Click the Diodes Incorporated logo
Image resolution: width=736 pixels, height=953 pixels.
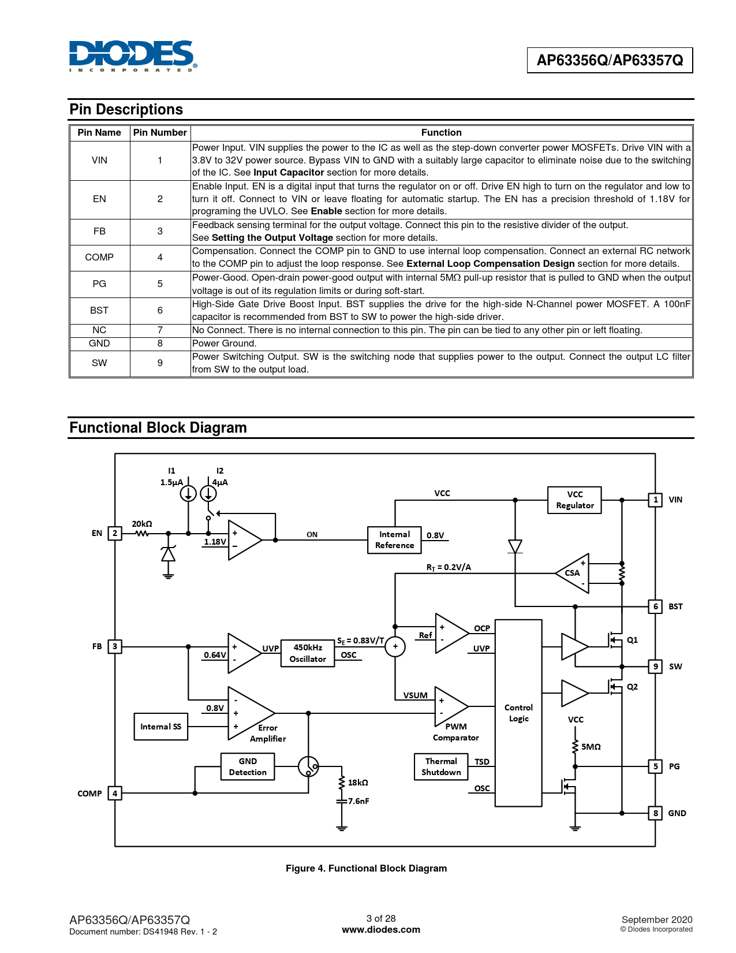[133, 56]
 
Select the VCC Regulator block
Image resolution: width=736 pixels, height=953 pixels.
[574, 500]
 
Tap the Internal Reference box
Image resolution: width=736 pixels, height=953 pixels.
[394, 540]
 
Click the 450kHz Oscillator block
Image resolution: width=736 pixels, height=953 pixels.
[308, 653]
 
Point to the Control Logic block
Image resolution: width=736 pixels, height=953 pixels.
[518, 713]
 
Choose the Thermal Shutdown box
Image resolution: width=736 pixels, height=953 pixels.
[441, 767]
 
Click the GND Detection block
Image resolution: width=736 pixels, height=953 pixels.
[248, 767]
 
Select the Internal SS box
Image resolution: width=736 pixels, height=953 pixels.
[160, 727]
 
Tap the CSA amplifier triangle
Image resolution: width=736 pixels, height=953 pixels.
[573, 573]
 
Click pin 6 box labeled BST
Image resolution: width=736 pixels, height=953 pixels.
[656, 606]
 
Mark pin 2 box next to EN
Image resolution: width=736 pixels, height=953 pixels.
[115, 533]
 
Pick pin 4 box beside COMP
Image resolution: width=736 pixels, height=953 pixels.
[115, 794]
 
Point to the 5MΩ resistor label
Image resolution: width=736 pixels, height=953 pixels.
[591, 747]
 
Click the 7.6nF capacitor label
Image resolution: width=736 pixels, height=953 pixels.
[358, 801]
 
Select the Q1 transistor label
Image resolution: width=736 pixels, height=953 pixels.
[633, 640]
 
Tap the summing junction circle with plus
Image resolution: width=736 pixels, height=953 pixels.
[395, 646]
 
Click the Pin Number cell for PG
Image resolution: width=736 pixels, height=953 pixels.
[160, 284]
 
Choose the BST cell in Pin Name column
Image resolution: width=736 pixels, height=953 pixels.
[99, 310]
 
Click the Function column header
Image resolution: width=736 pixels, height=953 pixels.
[441, 132]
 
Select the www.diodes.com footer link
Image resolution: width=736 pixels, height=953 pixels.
[381, 929]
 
